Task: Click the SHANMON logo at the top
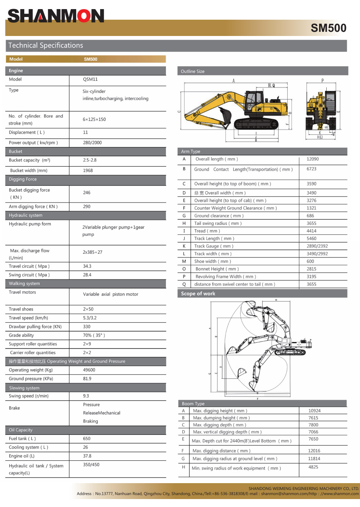tap(56, 16)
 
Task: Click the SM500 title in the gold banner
tap(328, 28)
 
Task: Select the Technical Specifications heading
tap(46, 45)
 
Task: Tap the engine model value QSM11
tap(90, 80)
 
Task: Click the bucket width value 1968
tap(88, 170)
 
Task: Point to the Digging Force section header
tap(23, 179)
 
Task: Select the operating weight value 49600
tap(89, 370)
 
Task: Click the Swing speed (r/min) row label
tap(29, 396)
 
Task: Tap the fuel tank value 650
tap(87, 438)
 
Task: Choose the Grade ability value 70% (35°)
tap(94, 335)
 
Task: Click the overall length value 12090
tap(313, 159)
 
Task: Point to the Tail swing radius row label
tap(218, 223)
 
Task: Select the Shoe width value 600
tap(310, 261)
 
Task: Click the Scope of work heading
tap(198, 293)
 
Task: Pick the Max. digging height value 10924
tap(315, 411)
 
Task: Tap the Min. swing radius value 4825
tap(313, 467)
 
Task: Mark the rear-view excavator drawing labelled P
tap(321, 110)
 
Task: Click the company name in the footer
tap(304, 488)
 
